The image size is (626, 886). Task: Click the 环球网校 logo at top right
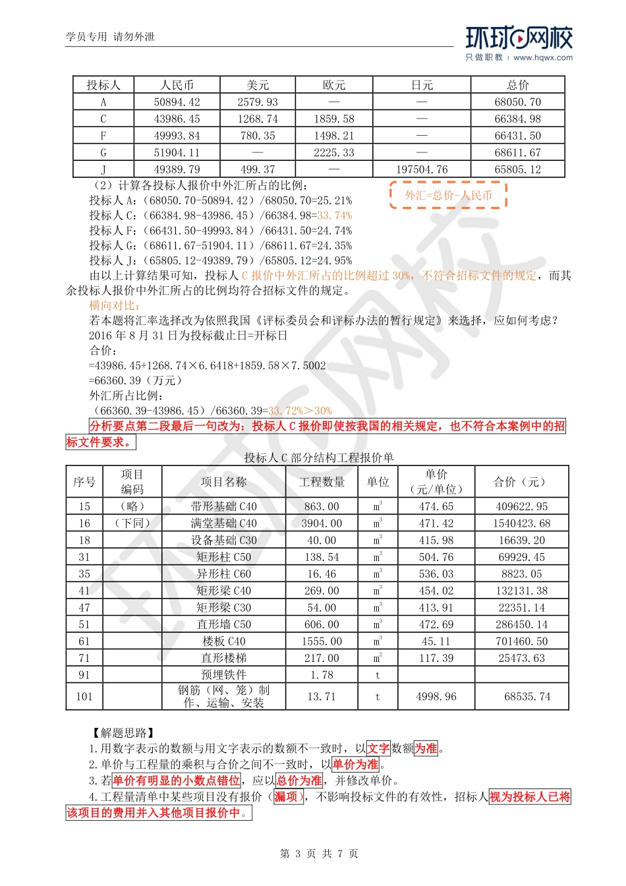[x=519, y=43]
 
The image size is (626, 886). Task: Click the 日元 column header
[x=422, y=85]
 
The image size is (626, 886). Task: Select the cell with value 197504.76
[x=422, y=169]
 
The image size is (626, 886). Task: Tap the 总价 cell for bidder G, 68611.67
[x=517, y=152]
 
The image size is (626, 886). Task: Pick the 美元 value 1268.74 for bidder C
[x=258, y=119]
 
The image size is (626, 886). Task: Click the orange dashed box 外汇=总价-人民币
[x=448, y=195]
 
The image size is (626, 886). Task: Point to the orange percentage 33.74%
[x=335, y=216]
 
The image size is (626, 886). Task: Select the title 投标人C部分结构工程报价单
[x=319, y=458]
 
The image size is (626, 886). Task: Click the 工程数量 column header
[x=322, y=482]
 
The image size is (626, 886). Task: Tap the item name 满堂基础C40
[x=223, y=523]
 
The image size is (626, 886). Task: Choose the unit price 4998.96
[x=436, y=696]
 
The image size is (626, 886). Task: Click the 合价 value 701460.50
[x=521, y=641]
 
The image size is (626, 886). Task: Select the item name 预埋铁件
[x=223, y=674]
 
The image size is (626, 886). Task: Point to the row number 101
[x=84, y=696]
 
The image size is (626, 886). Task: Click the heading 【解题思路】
[x=123, y=732]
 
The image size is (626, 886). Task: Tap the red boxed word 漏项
[x=287, y=797]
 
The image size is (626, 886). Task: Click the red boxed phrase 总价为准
[x=299, y=781]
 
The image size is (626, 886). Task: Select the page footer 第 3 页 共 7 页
[x=319, y=854]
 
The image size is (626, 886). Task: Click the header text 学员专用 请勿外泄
[x=110, y=37]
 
